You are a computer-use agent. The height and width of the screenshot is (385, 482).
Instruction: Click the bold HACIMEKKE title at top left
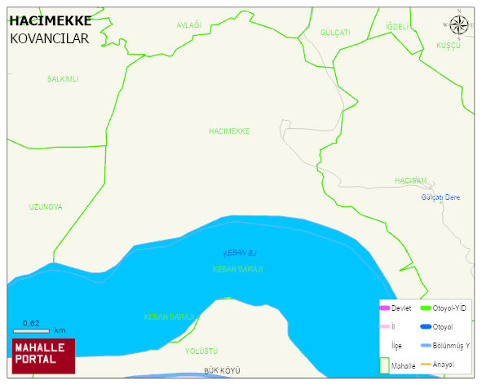click(50, 21)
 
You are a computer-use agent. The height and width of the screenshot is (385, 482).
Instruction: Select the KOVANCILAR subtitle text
click(49, 38)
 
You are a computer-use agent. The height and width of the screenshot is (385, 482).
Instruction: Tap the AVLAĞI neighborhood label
click(188, 26)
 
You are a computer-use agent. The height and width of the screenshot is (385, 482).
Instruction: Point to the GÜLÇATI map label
click(335, 33)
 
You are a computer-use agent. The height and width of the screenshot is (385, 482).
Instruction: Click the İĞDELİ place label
click(397, 27)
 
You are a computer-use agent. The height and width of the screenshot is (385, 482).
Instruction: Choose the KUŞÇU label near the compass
click(449, 46)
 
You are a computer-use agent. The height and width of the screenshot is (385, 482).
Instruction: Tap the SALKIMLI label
click(63, 79)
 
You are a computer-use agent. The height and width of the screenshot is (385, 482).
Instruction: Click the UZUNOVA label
click(46, 207)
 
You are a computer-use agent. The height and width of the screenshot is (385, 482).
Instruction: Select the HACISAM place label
click(410, 180)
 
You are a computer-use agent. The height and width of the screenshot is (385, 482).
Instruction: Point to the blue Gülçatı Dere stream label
click(440, 198)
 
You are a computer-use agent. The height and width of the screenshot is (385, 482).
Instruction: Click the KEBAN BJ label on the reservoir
click(239, 254)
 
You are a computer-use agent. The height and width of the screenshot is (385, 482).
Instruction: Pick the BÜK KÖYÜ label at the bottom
click(222, 370)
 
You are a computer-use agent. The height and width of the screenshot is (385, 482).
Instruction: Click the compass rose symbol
click(460, 25)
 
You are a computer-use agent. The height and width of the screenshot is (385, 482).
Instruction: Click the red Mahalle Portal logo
click(43, 356)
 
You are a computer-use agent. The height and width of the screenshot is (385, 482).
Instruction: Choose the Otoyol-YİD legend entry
click(444, 308)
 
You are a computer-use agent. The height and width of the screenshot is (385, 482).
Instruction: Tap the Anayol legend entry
click(444, 364)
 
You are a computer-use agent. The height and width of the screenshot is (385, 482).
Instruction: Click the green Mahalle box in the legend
click(385, 365)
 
